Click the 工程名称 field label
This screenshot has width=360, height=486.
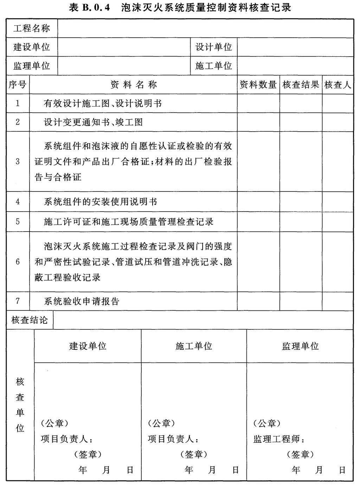[32, 29]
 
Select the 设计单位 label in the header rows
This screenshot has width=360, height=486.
[214, 47]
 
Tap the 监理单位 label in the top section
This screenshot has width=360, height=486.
[32, 66]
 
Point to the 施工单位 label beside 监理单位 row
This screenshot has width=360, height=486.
[214, 66]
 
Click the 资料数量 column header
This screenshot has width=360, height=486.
[258, 85]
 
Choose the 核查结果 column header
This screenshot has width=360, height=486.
[301, 85]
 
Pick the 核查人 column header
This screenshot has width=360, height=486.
[337, 85]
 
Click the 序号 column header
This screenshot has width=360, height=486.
[18, 85]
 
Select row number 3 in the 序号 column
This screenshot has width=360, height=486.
[18, 162]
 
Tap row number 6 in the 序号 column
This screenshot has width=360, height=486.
[18, 262]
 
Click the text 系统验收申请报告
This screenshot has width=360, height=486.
[82, 301]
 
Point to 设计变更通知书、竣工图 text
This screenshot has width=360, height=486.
[93, 122]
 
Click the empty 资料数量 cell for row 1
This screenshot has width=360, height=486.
[258, 103]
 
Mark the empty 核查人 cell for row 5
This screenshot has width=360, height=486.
[337, 222]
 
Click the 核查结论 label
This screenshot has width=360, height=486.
[30, 320]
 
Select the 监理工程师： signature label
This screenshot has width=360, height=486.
[279, 439]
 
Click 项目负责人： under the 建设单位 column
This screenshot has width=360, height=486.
[67, 439]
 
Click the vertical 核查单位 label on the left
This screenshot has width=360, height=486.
[20, 405]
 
